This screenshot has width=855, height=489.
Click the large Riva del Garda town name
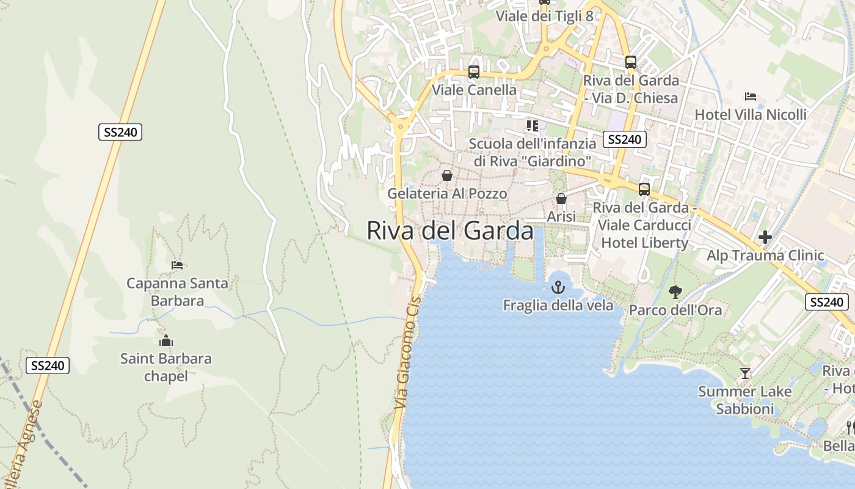click(449, 231)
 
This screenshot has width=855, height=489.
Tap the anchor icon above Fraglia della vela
click(558, 287)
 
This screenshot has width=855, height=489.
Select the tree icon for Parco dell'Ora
click(675, 292)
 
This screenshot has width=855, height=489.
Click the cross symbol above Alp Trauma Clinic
click(765, 237)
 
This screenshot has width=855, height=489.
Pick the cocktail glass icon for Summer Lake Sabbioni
click(744, 373)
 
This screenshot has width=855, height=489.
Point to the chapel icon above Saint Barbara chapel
click(166, 341)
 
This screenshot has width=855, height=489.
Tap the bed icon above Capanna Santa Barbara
click(177, 265)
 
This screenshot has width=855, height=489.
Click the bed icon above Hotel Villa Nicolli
click(751, 97)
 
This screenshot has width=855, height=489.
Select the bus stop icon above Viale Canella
click(473, 72)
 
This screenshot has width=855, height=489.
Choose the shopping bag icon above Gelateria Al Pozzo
click(447, 176)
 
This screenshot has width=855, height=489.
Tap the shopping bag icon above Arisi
click(561, 199)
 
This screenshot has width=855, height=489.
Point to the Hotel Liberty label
click(645, 243)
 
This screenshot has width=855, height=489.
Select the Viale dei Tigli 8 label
click(544, 16)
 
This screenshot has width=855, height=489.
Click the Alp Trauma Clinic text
click(765, 256)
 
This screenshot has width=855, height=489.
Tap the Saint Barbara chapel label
click(166, 367)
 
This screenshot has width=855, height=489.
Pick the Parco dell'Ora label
click(675, 310)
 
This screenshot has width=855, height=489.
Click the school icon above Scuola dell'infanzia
click(532, 126)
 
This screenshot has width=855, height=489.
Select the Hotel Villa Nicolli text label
click(751, 115)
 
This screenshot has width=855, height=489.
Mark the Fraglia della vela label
click(558, 305)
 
